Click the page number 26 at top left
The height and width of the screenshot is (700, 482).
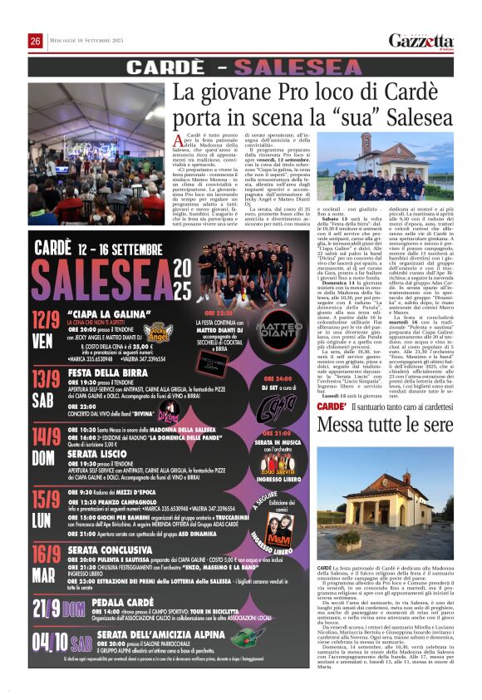[x=36, y=41]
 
